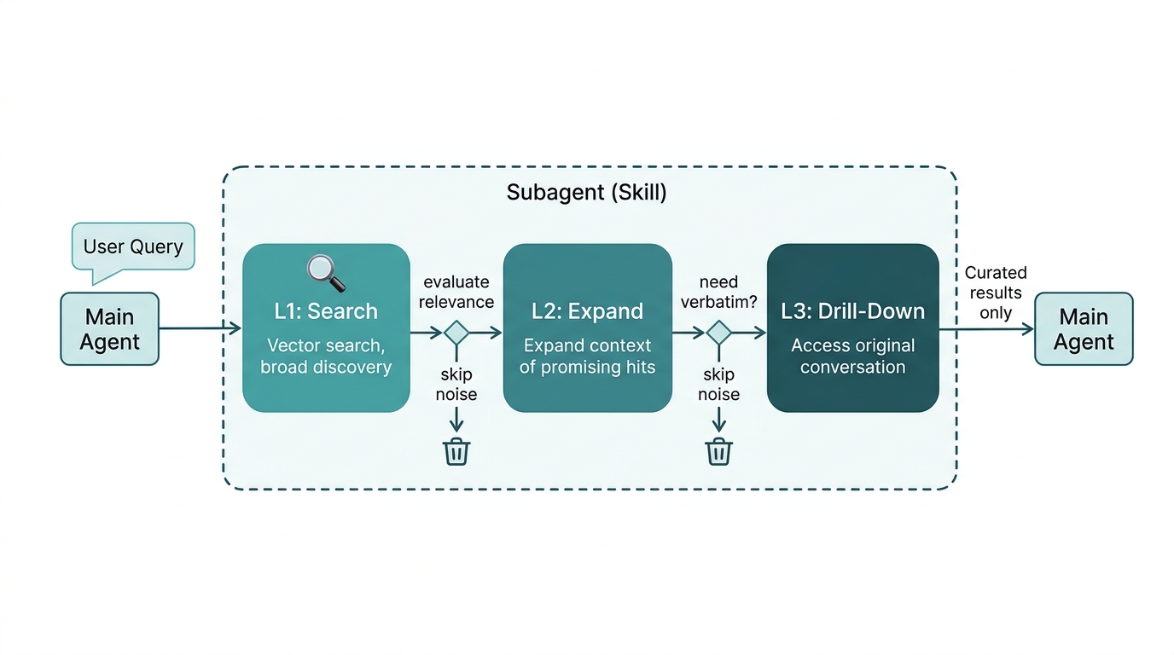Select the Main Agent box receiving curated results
1083,329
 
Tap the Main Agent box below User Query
109,329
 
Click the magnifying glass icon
326,273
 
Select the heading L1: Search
326,311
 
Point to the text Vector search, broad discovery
326,356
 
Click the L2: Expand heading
587,311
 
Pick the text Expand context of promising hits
587,356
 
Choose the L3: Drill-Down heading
852,311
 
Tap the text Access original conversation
852,356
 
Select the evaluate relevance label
457,292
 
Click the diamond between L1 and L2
456,333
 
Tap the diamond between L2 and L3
718,333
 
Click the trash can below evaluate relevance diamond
456,451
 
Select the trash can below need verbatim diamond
718,451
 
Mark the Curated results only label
995,293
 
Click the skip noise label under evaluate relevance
456,385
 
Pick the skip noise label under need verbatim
718,385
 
